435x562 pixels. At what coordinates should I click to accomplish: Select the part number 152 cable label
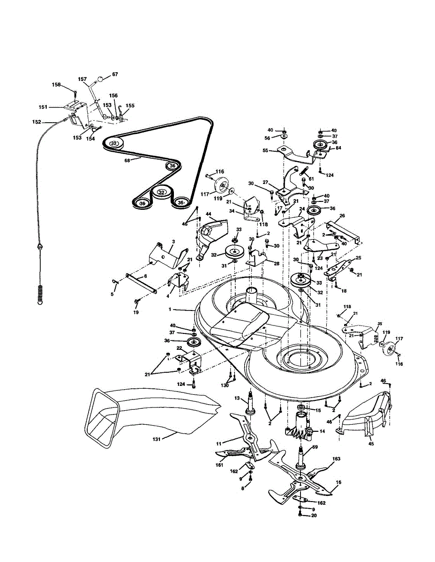(x=36, y=122)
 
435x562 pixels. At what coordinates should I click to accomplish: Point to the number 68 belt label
(x=127, y=161)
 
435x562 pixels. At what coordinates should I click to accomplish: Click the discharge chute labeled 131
(x=141, y=412)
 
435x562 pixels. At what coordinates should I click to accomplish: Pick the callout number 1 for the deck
(x=171, y=310)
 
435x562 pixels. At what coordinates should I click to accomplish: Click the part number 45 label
(x=371, y=444)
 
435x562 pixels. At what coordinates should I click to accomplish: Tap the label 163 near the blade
(x=336, y=459)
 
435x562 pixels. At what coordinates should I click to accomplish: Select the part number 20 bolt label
(x=314, y=516)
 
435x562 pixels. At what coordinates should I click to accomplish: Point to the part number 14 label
(x=322, y=431)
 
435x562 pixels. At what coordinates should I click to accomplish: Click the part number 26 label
(x=342, y=216)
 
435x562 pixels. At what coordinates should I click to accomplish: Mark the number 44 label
(x=208, y=214)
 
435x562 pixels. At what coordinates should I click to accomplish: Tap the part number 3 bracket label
(x=173, y=241)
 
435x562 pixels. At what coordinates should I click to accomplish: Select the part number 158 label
(x=56, y=85)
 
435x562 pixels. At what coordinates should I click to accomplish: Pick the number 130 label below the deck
(x=225, y=385)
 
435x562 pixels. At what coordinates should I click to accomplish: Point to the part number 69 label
(x=315, y=448)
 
